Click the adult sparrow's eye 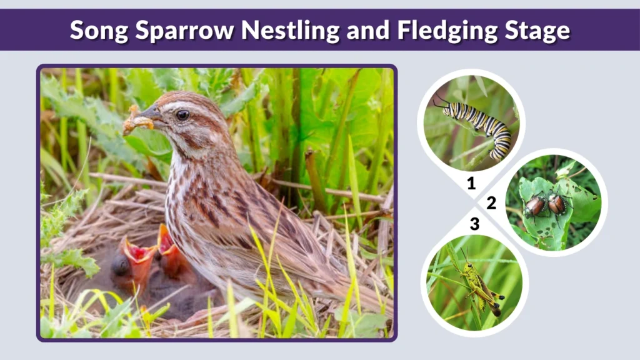coord(182,115)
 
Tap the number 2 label coord(491,202)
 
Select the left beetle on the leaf coord(535,205)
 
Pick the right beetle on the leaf coord(557,203)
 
